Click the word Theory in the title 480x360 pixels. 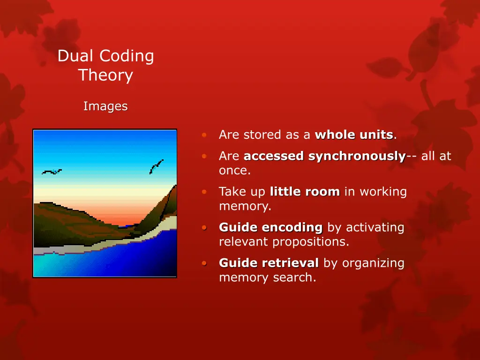pyautogui.click(x=105, y=75)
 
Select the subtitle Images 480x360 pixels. pyautogui.click(x=105, y=107)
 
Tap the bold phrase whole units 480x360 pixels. pyautogui.click(x=354, y=135)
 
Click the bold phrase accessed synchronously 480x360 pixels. pyautogui.click(x=324, y=156)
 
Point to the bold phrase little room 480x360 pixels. pyautogui.click(x=305, y=192)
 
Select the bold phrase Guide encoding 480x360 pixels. pyautogui.click(x=271, y=228)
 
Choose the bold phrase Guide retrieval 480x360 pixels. pyautogui.click(x=269, y=263)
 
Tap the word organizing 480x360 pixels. pyautogui.click(x=373, y=263)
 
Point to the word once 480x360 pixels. pyautogui.click(x=234, y=171)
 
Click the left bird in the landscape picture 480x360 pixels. pyautogui.click(x=52, y=172)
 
